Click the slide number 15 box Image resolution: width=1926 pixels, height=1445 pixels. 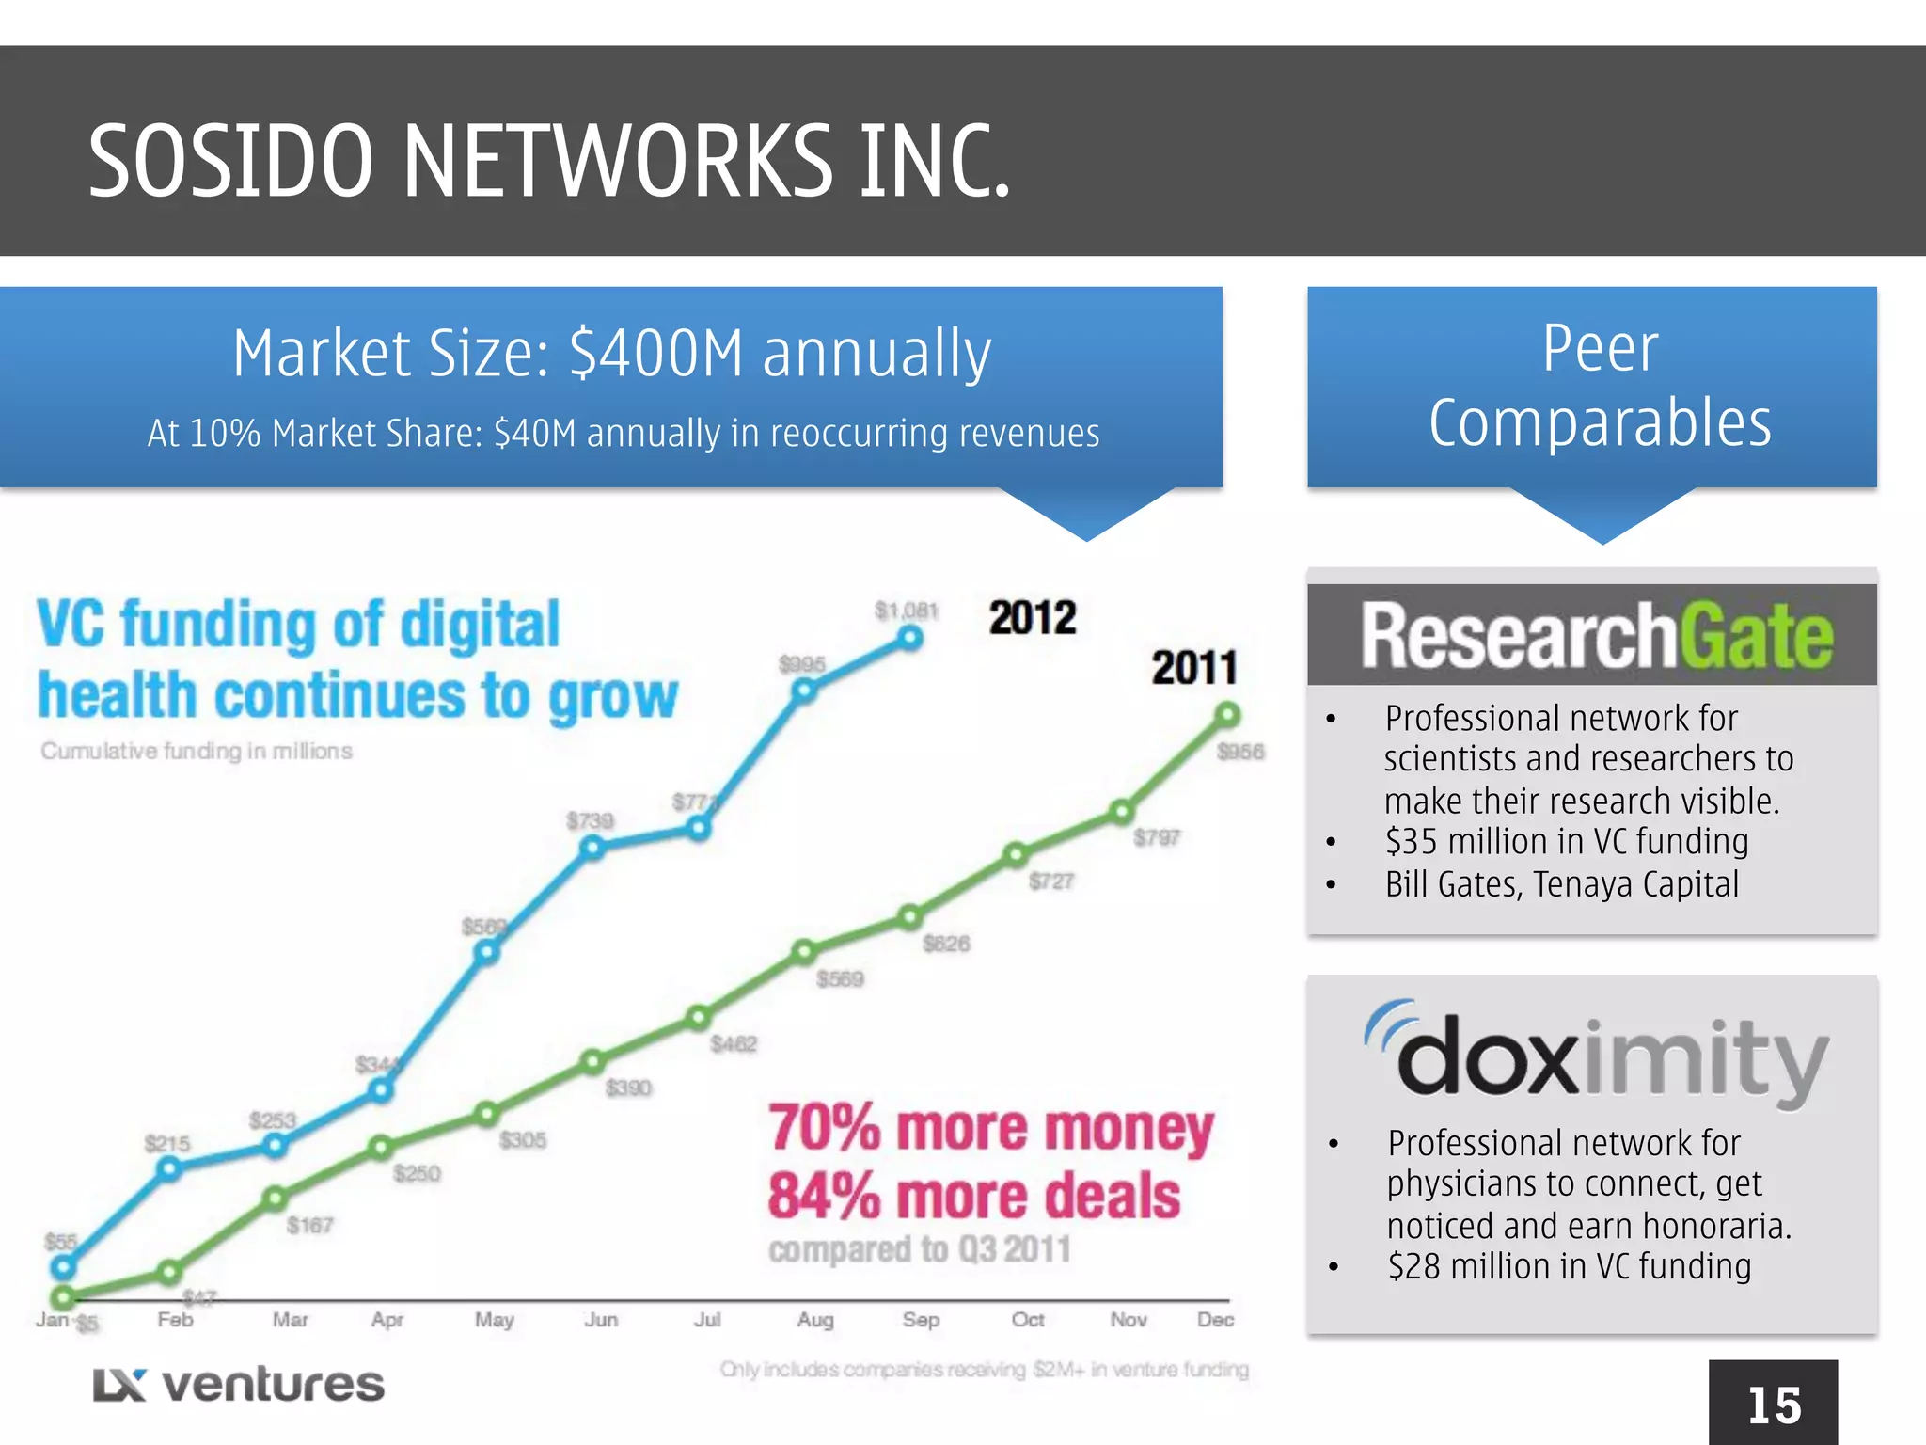(x=1773, y=1404)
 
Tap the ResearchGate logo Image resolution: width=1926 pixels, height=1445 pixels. (x=1595, y=636)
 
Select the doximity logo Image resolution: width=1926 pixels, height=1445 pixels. (x=1595, y=1055)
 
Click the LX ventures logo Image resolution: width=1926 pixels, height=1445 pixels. (x=239, y=1385)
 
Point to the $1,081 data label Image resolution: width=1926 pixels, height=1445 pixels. (x=907, y=611)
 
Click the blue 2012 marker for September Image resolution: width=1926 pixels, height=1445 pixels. (x=909, y=639)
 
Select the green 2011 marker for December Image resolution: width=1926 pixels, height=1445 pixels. (x=1227, y=716)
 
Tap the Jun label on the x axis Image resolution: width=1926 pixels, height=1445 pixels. (x=601, y=1320)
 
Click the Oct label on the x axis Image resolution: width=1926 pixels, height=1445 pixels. (x=1028, y=1320)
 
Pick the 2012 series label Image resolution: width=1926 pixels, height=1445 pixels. (x=1032, y=618)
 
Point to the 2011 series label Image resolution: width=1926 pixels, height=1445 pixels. (x=1193, y=668)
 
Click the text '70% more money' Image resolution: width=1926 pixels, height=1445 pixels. (x=990, y=1128)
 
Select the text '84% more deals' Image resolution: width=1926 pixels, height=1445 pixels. (x=973, y=1197)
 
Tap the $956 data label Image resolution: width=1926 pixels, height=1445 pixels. (x=1240, y=752)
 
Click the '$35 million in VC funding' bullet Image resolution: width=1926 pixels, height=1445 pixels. (x=1566, y=841)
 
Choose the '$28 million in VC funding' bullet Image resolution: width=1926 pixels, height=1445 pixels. (x=1569, y=1266)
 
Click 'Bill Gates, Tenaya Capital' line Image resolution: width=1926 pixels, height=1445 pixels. (x=1561, y=884)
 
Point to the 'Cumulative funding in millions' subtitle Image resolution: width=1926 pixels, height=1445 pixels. (x=197, y=751)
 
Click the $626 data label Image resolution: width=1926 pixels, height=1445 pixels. (x=946, y=944)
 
